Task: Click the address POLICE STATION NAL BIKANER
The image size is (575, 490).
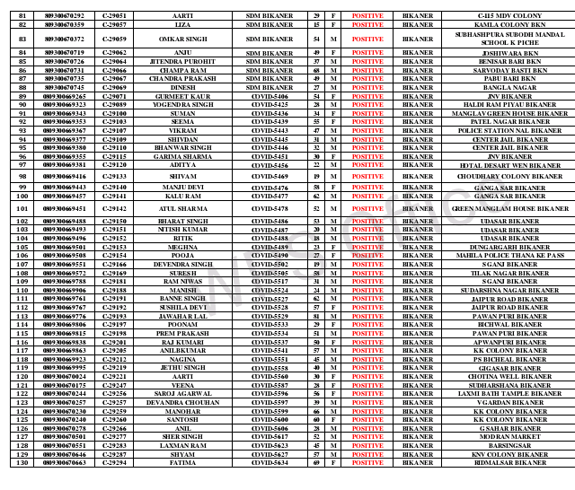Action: point(503,131)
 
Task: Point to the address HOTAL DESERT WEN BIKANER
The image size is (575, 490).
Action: point(503,166)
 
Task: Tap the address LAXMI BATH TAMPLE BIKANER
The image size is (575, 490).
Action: point(503,394)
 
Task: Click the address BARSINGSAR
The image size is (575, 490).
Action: point(503,446)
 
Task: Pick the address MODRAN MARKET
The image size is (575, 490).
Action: point(503,437)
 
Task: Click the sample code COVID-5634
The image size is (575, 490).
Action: point(270,463)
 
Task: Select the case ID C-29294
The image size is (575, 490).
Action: point(114,463)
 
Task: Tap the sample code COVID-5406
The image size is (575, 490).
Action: point(270,96)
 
